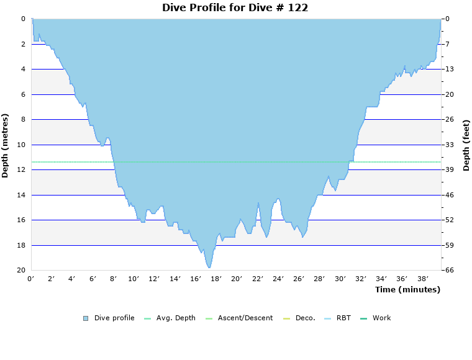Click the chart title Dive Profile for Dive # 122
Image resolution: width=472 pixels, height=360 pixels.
[x=235, y=7]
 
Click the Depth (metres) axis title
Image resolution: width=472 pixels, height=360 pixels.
[x=6, y=145]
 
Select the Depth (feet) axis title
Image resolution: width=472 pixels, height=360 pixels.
[x=466, y=145]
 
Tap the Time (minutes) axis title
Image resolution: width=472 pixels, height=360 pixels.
[x=407, y=289]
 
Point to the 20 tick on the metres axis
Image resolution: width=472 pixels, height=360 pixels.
[x=22, y=270]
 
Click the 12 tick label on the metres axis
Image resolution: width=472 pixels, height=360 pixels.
[x=22, y=169]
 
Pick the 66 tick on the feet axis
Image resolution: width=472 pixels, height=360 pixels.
[x=449, y=270]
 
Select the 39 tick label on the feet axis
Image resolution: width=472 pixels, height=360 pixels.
[x=449, y=169]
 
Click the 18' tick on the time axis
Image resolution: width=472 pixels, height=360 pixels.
[x=216, y=279]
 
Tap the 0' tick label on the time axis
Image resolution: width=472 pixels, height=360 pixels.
[x=31, y=279]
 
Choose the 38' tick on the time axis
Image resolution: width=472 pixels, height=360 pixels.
[x=422, y=279]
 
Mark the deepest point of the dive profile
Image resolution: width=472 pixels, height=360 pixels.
[x=209, y=268]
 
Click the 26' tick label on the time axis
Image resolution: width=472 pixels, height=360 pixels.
[x=298, y=279]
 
